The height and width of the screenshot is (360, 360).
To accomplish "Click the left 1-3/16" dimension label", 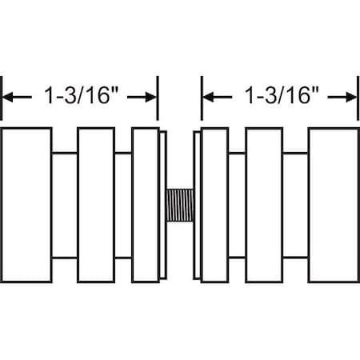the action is click(81, 95).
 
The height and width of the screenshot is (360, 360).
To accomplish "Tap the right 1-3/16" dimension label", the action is click(282, 95).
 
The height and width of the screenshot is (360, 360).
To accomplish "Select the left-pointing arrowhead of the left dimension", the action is click(8, 98).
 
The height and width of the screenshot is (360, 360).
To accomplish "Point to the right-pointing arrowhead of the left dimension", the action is click(150, 98).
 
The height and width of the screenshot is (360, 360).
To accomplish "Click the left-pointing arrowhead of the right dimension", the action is click(208, 98).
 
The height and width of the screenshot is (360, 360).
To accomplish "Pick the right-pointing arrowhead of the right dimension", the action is click(351, 98).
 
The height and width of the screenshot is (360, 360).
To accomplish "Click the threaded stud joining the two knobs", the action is click(180, 205).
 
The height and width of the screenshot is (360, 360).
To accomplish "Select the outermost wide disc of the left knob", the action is click(26, 205).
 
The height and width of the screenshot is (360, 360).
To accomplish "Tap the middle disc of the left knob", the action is click(96, 205).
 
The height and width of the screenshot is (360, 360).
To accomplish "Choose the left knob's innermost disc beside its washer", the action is click(146, 205).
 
